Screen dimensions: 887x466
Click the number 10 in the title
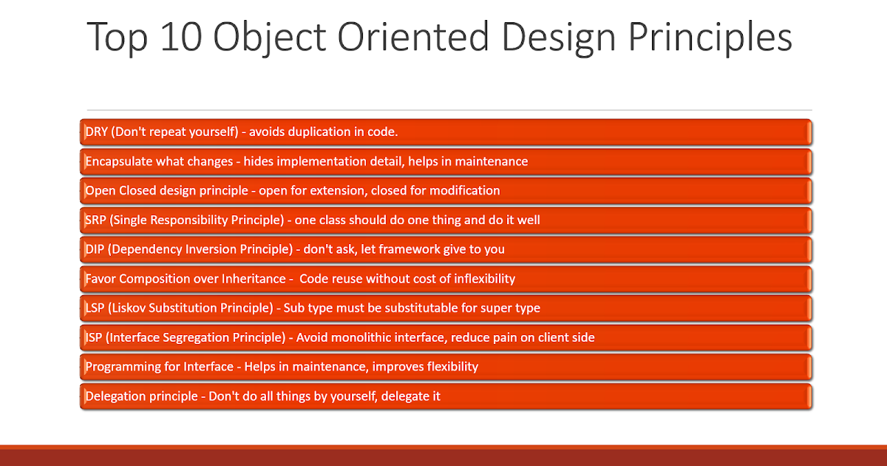(182, 37)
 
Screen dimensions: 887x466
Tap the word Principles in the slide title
(710, 38)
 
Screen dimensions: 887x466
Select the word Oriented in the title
(412, 37)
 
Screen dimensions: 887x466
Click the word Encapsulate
(118, 162)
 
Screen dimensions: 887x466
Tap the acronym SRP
(96, 220)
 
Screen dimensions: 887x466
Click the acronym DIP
(95, 249)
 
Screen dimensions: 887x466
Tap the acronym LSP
(95, 308)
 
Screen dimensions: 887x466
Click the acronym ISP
(94, 337)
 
